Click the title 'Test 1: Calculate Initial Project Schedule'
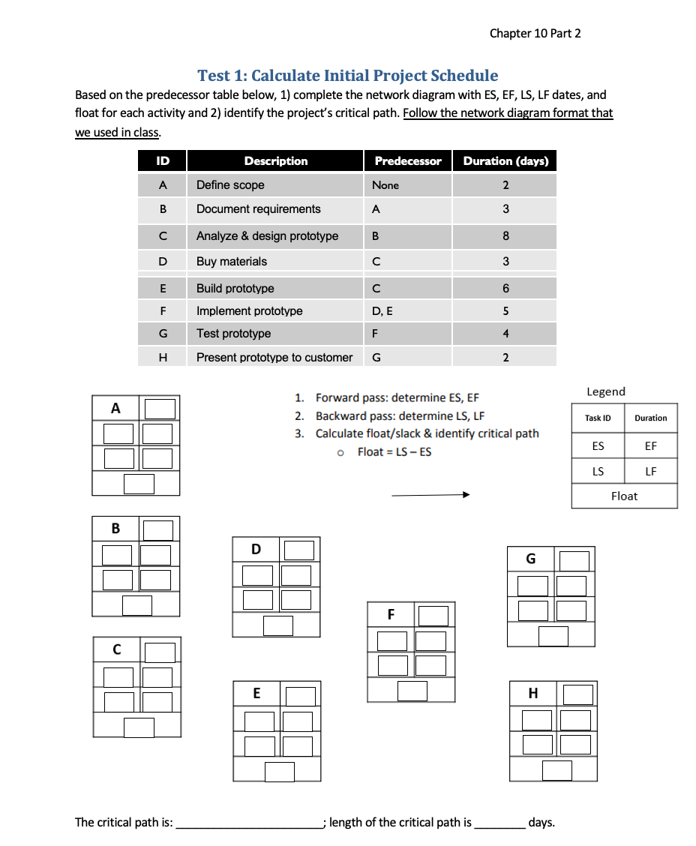347,76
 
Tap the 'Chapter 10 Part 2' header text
535,33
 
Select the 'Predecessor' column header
408,161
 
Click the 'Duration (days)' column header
505,161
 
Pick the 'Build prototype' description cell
235,289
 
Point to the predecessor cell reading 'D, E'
383,311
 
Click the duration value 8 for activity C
505,236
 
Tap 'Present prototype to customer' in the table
274,358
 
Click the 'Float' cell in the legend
624,496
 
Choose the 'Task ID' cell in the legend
598,418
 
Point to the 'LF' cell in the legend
650,471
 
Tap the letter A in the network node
115,409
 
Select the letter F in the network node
391,614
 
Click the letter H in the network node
533,694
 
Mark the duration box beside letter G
574,561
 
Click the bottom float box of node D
277,625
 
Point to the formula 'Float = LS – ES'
394,451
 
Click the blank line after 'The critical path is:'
247,823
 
